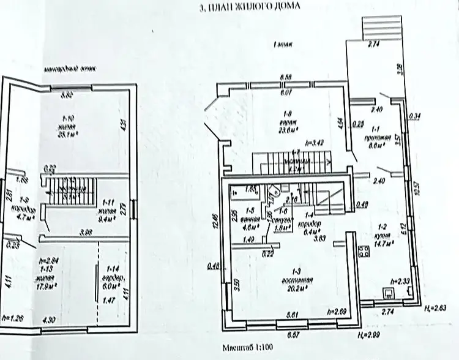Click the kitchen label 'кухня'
[384, 234]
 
